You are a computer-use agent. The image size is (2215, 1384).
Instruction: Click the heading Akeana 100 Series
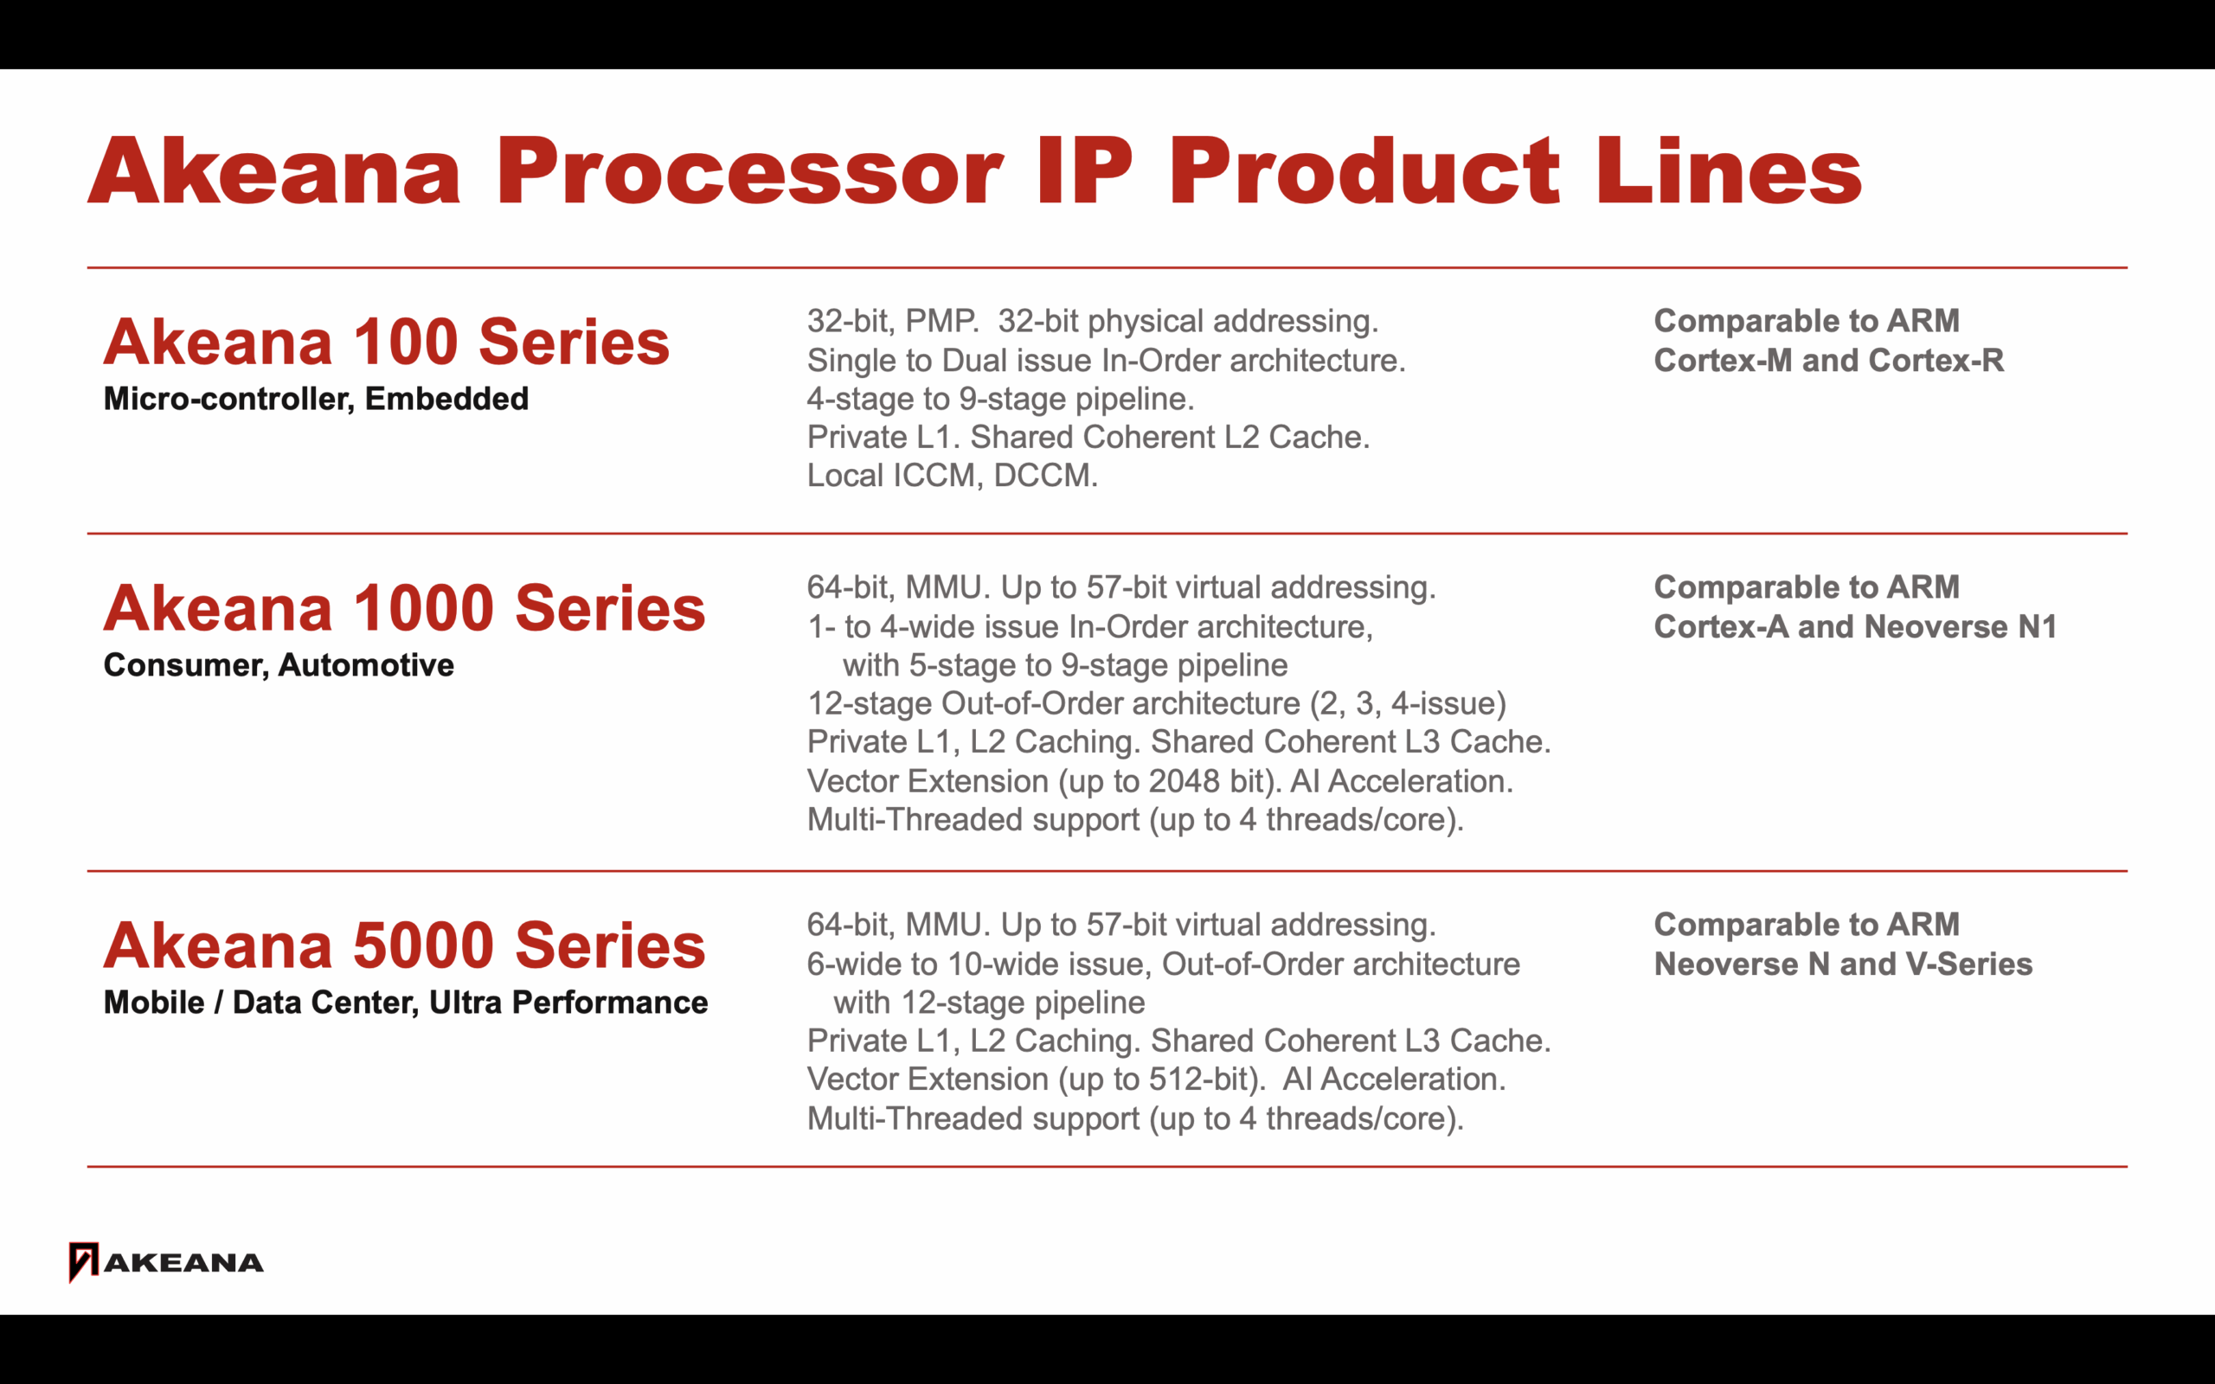pyautogui.click(x=386, y=342)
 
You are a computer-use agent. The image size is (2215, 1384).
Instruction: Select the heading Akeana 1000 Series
pyautogui.click(x=405, y=608)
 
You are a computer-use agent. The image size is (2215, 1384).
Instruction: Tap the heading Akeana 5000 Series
pyautogui.click(x=405, y=945)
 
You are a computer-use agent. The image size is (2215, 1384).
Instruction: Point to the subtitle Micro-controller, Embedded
pyautogui.click(x=316, y=399)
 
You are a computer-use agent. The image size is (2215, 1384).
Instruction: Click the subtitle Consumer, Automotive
pyautogui.click(x=279, y=664)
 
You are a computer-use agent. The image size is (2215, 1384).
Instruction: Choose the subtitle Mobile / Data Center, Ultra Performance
pyautogui.click(x=406, y=1003)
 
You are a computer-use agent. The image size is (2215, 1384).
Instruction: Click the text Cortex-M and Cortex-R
pyautogui.click(x=1829, y=360)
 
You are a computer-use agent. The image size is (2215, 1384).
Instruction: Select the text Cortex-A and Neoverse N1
pyautogui.click(x=1855, y=626)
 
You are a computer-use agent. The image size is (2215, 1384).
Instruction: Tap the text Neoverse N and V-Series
pyautogui.click(x=1844, y=964)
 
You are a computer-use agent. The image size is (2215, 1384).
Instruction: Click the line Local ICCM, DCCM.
pyautogui.click(x=952, y=475)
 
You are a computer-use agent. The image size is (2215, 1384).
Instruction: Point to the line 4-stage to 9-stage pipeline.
pyautogui.click(x=1000, y=399)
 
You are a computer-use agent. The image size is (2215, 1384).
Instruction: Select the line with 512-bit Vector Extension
pyautogui.click(x=1156, y=1080)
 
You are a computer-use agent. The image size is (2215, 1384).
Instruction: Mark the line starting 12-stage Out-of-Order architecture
pyautogui.click(x=1156, y=703)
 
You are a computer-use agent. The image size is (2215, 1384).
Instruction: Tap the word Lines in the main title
pyautogui.click(x=1729, y=170)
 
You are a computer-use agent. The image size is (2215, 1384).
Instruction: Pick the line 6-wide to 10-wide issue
pyautogui.click(x=1164, y=964)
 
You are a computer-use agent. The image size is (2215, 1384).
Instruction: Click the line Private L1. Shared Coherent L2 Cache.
pyautogui.click(x=1088, y=437)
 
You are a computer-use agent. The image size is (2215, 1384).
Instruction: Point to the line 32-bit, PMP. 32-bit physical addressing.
pyautogui.click(x=1093, y=321)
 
